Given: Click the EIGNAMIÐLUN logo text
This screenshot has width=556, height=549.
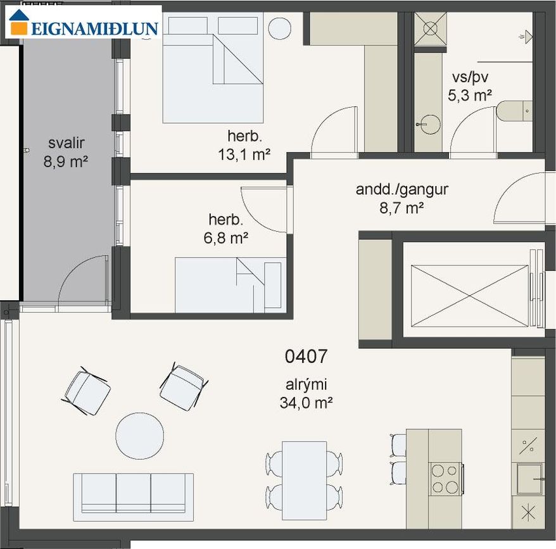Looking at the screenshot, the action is tap(95, 28).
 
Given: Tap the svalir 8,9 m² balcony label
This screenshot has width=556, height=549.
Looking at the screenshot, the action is tap(66, 152).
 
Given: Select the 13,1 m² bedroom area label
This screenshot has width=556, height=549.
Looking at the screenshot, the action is tap(244, 155).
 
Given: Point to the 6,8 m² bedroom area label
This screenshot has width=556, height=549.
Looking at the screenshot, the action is tap(226, 237).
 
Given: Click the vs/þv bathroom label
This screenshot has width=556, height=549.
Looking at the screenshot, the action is tap(470, 77).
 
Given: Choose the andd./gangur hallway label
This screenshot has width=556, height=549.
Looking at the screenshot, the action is tap(402, 190).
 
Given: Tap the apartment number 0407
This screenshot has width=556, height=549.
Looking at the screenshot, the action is tap(306, 356).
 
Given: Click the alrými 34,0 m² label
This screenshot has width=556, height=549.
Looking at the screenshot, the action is tap(306, 394).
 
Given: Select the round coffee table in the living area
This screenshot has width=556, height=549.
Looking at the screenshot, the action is tap(140, 436).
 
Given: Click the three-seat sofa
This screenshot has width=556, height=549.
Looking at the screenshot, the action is tap(134, 497).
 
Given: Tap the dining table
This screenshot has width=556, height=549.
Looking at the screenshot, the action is tap(304, 481).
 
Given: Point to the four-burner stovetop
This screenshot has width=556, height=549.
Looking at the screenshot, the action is tap(445, 479).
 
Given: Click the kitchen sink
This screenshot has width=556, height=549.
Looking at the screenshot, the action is tap(529, 479).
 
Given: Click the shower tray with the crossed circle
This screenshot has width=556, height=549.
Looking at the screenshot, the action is tap(431, 28).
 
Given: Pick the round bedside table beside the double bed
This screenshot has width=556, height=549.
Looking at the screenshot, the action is tap(280, 28).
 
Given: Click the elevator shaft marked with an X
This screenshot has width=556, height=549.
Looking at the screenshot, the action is tap(469, 296).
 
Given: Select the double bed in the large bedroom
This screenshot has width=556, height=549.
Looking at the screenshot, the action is tap(213, 68).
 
